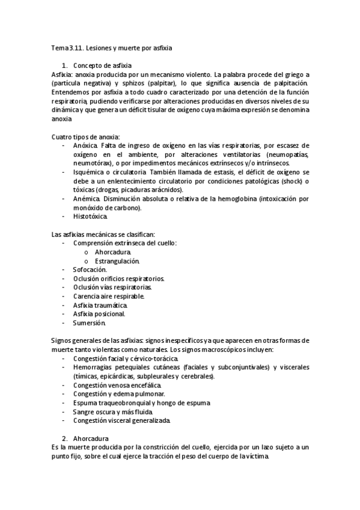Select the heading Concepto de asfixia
click(102, 65)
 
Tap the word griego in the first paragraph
click(292, 73)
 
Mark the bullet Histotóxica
click(91, 216)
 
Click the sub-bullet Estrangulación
click(117, 261)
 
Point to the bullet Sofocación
click(90, 270)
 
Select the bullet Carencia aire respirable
click(108, 296)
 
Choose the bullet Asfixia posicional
click(99, 314)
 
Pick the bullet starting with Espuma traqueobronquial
click(141, 402)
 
